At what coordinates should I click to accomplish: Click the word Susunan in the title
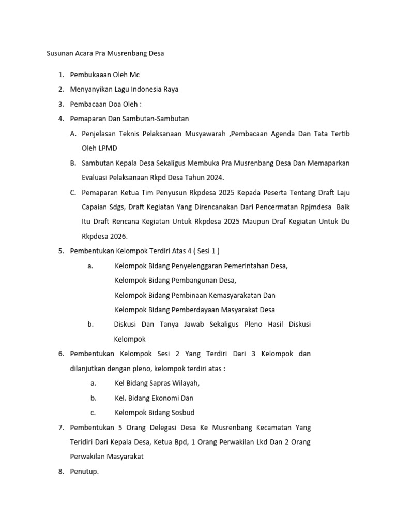pyautogui.click(x=60, y=53)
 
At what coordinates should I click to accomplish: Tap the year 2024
pyautogui.click(x=213, y=178)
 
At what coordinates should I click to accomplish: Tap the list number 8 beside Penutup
pyautogui.click(x=60, y=472)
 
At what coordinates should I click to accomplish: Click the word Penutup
pyautogui.click(x=84, y=472)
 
